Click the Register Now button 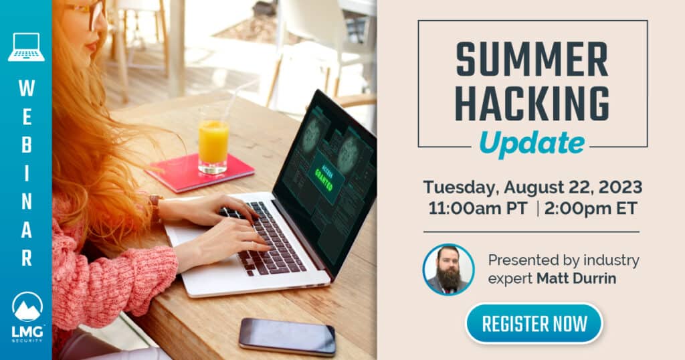[x=534, y=324]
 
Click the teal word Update [x=532, y=142]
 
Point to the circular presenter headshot [x=448, y=270]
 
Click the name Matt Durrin [x=576, y=278]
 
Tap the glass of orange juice [x=213, y=142]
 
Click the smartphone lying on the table [x=287, y=336]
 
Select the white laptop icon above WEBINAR [x=26, y=47]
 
